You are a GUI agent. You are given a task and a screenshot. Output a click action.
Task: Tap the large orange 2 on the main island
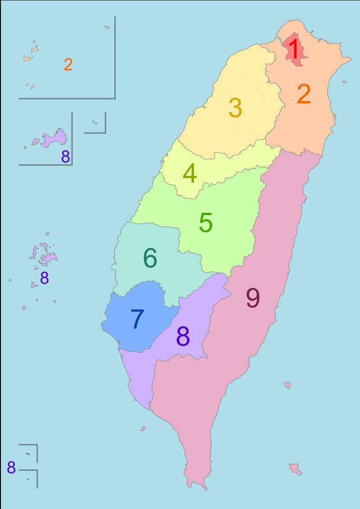coord(304,95)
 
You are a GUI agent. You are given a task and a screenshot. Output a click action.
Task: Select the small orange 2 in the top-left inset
coord(68,65)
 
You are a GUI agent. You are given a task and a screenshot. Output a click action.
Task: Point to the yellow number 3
coord(235,108)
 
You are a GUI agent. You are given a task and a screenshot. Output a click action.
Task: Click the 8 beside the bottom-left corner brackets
coord(11,468)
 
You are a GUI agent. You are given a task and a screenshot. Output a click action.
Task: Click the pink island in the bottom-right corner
coord(295,468)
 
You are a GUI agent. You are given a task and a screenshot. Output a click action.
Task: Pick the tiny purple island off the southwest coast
coord(143,428)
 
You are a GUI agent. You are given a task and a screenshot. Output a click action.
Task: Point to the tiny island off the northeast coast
coord(344,82)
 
